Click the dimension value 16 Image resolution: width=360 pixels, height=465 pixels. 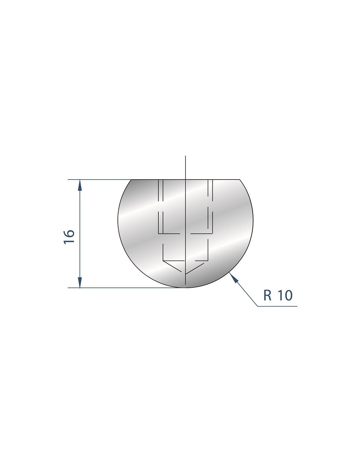pyautogui.click(x=69, y=236)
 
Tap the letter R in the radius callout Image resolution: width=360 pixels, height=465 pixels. pyautogui.click(x=267, y=295)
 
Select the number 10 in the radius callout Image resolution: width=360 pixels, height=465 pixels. pyautogui.click(x=285, y=295)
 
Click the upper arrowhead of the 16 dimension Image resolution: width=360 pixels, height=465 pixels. pyautogui.click(x=80, y=185)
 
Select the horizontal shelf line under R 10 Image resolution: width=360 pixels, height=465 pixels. pyautogui.click(x=277, y=306)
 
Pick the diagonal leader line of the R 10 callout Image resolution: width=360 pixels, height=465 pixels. pyautogui.click(x=243, y=289)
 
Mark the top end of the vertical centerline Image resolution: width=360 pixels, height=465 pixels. pyautogui.click(x=186, y=156)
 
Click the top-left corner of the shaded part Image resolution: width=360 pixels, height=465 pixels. pyautogui.click(x=131, y=180)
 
